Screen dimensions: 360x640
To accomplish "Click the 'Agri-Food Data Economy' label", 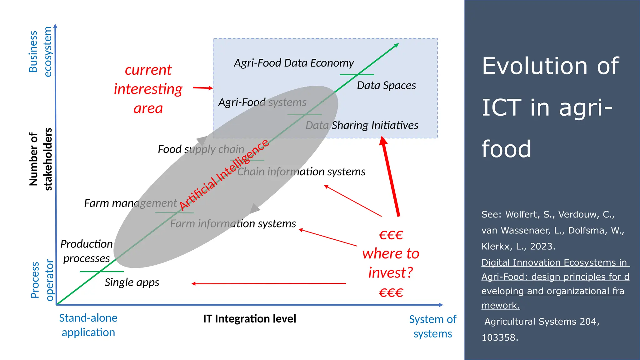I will point(294,63).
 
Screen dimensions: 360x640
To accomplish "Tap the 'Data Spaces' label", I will point(386,86).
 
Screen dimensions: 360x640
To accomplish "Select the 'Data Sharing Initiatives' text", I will point(362,125).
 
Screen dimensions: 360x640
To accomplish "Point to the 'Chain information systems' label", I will point(301,172).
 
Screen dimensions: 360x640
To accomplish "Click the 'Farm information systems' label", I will point(233,223).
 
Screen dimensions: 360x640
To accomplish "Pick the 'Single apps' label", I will point(132,282).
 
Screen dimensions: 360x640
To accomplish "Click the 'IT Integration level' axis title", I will point(249,319).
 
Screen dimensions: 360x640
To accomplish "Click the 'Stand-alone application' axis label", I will point(88,325).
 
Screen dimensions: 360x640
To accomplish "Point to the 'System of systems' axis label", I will point(432,327).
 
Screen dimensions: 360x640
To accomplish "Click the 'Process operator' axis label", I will point(42,280).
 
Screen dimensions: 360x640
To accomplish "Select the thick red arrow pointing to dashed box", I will point(390,177).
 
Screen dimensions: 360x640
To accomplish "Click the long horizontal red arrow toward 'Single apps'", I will point(269,283).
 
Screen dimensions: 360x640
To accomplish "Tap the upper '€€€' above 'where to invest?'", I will point(391,235).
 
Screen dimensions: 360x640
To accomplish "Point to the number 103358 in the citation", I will point(499,337).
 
